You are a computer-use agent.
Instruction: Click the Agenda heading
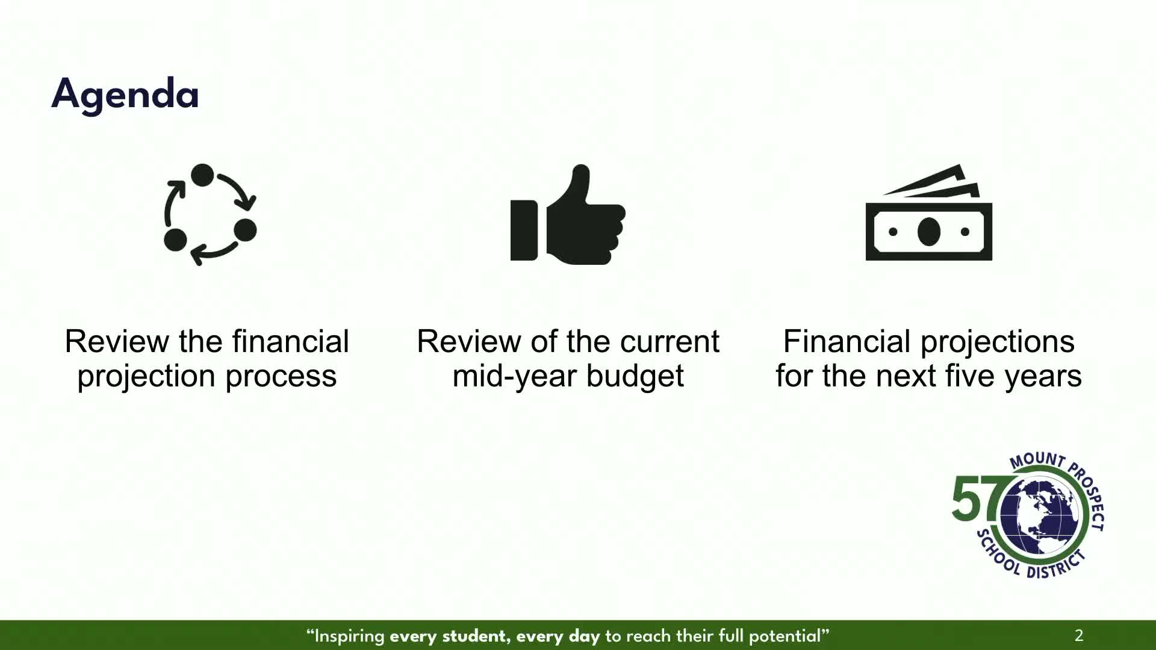pos(125,94)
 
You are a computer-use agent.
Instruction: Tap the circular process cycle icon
pos(210,214)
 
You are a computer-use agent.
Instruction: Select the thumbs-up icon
pos(568,214)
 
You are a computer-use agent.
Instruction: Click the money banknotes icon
pos(928,212)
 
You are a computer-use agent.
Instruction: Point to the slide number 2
pos(1079,636)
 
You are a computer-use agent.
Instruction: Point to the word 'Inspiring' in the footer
pos(349,636)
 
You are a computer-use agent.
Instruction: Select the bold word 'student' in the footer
pos(474,636)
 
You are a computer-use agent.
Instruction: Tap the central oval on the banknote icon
pos(928,232)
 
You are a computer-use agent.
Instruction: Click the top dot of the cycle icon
pos(202,175)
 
